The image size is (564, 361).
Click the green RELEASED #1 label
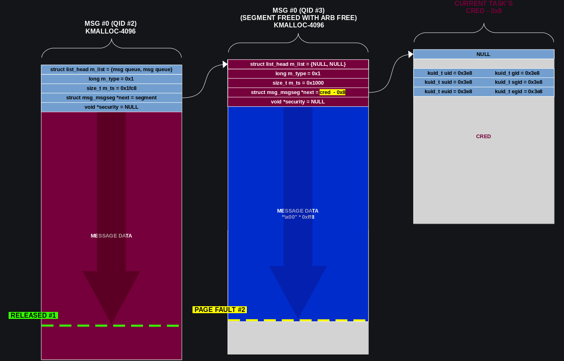click(x=33, y=315)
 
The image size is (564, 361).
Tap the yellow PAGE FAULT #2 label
click(x=219, y=309)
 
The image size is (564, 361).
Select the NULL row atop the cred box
click(x=483, y=54)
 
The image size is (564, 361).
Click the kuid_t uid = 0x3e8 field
click(x=450, y=73)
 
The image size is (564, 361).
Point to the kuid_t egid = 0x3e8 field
click(x=518, y=92)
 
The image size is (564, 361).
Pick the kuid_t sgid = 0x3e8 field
click(x=518, y=82)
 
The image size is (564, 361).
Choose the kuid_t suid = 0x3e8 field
click(x=448, y=82)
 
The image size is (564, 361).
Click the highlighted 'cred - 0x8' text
click(x=332, y=92)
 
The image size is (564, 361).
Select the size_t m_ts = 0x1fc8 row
click(x=112, y=88)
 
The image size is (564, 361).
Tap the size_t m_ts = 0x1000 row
click(x=298, y=83)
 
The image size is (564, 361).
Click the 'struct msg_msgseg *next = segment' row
click(x=112, y=98)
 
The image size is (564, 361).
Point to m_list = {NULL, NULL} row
click(x=298, y=64)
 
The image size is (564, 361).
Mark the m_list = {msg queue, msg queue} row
click(x=112, y=70)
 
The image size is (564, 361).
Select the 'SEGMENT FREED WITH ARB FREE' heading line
click(x=298, y=18)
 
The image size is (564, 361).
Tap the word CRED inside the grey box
click(x=483, y=137)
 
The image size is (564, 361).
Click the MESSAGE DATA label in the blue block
click(x=298, y=211)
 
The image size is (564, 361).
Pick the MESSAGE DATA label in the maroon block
click(x=111, y=236)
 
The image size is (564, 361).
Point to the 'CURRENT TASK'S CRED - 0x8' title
click(x=483, y=7)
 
